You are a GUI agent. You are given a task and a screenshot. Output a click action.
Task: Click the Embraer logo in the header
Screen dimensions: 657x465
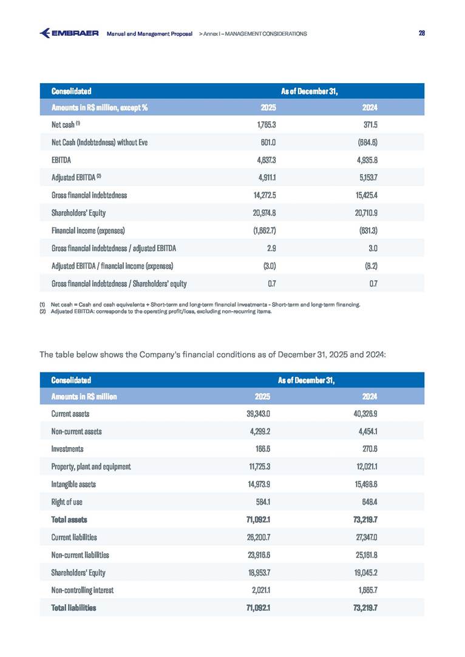click(x=69, y=33)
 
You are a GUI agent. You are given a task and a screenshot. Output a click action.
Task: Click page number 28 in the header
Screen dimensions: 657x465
click(x=421, y=33)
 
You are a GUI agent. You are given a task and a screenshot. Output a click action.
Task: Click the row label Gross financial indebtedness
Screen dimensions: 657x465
click(x=89, y=195)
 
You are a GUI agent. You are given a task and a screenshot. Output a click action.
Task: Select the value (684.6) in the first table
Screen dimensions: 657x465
click(x=368, y=143)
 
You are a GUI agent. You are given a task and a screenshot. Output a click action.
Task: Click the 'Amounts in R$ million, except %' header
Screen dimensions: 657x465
click(x=100, y=108)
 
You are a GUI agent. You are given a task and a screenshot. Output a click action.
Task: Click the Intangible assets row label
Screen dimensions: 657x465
click(x=73, y=484)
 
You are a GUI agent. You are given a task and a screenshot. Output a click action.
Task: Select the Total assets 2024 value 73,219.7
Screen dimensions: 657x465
click(x=365, y=519)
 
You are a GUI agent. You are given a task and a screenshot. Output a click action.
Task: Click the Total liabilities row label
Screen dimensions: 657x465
click(x=74, y=607)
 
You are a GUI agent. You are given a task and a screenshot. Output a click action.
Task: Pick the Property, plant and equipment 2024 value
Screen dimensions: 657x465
click(x=365, y=467)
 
